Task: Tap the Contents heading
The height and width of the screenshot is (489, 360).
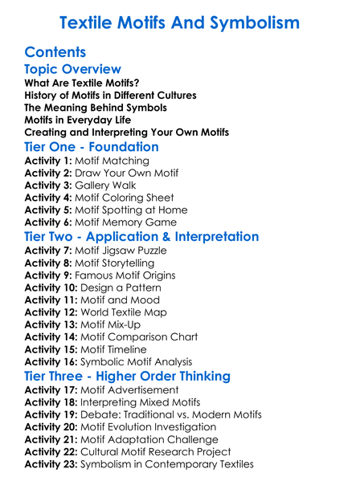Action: click(55, 52)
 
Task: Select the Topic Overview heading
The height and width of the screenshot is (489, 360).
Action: click(73, 69)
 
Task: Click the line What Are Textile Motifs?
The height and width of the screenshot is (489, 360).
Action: click(82, 83)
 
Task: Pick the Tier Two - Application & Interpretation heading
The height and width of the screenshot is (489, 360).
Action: click(141, 237)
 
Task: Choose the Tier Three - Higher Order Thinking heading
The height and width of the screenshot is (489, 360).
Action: click(128, 377)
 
